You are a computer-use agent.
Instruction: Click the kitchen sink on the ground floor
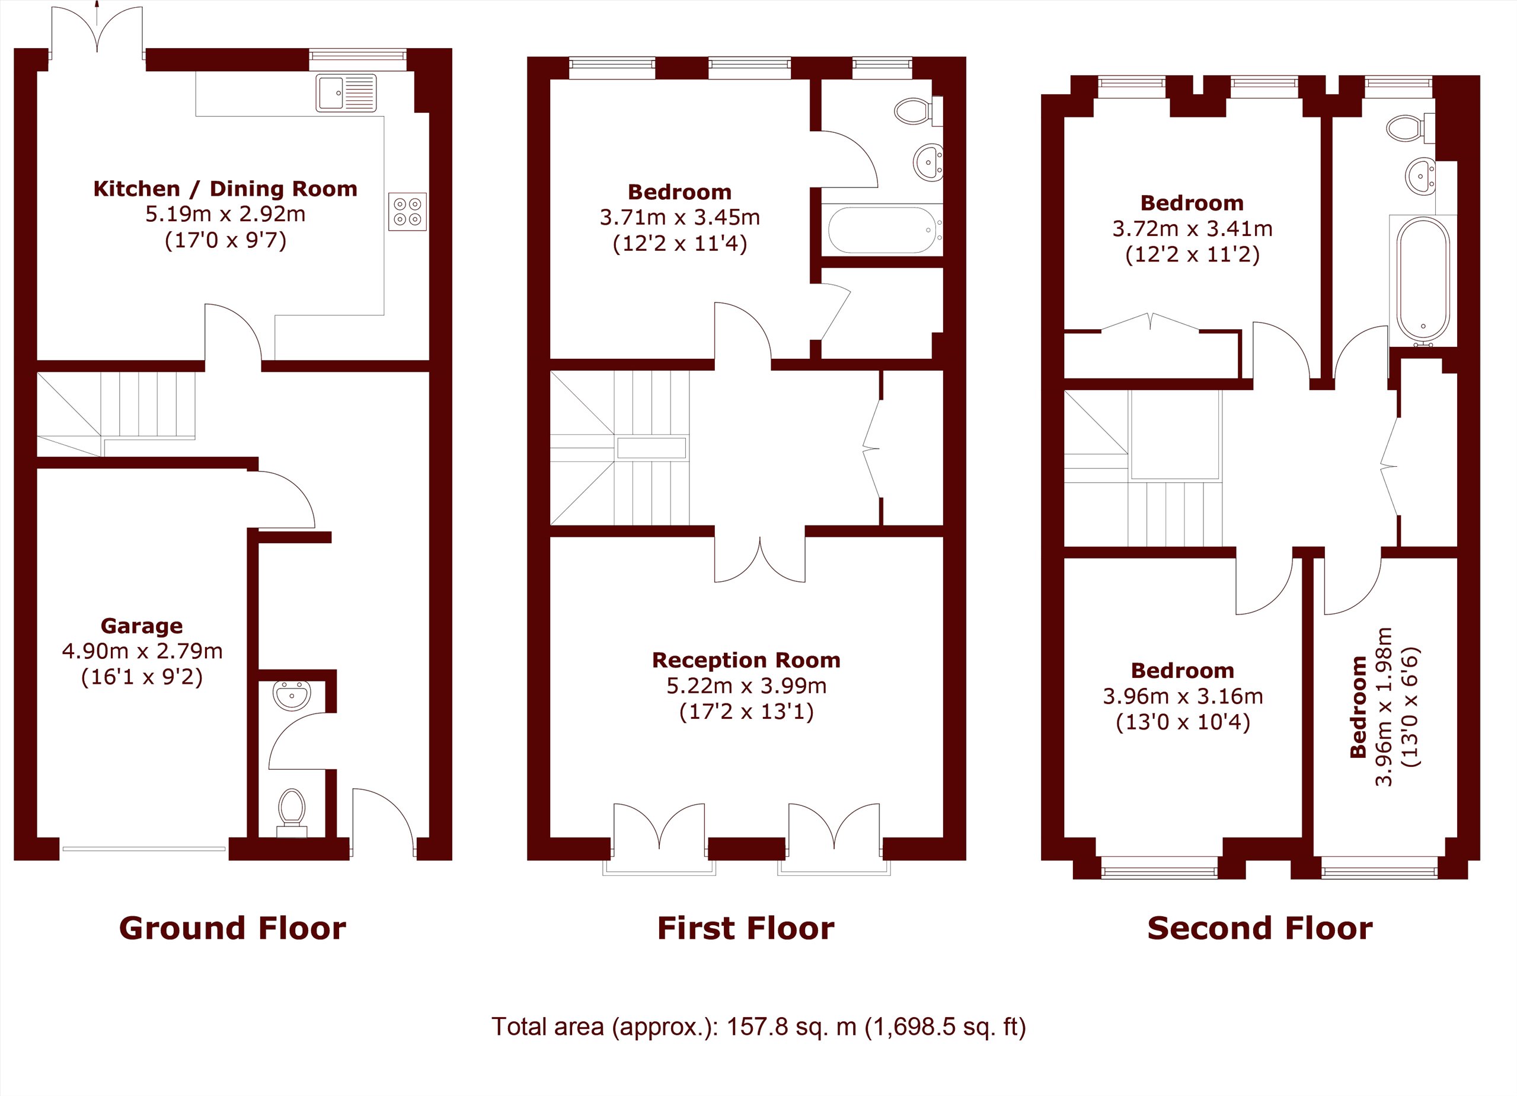(346, 93)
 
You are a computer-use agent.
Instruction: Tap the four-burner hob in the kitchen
(407, 212)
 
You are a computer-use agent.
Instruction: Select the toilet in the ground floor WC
(292, 812)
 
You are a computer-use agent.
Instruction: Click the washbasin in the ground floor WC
(292, 695)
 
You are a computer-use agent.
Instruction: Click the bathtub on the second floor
(1423, 280)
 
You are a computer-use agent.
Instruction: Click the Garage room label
(142, 626)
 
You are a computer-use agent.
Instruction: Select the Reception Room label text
(746, 661)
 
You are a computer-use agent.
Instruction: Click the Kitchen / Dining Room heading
(225, 189)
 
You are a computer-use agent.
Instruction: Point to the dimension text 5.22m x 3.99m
(746, 686)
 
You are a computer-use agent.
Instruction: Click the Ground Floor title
(232, 928)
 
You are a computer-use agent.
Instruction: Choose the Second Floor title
(1260, 928)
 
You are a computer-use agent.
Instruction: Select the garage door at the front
(144, 849)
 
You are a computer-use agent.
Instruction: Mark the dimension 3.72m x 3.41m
(1193, 229)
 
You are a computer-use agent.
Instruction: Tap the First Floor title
(746, 928)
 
